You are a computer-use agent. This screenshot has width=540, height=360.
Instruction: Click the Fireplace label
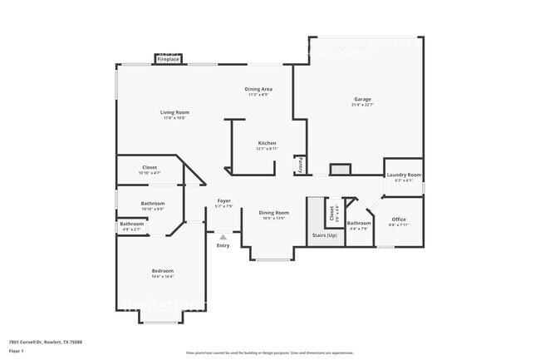point(168,59)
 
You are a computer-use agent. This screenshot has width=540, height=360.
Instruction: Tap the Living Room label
point(175,112)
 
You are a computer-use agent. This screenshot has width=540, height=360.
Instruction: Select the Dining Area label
point(258,89)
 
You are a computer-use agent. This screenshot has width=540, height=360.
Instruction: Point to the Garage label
point(362,99)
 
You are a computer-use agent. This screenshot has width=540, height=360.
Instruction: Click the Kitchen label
point(267,143)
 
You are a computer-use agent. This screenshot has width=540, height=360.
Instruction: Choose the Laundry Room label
point(404,175)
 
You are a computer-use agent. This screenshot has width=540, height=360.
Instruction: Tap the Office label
point(399,219)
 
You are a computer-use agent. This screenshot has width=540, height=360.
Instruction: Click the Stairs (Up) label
point(324,236)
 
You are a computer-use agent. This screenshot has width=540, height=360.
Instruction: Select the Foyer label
point(223,200)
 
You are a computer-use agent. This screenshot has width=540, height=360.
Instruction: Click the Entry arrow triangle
point(223,237)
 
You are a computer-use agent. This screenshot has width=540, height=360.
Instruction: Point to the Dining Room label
point(273,213)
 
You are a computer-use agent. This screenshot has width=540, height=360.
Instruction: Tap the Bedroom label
point(162,270)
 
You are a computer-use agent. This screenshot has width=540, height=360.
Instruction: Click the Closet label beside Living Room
point(150,167)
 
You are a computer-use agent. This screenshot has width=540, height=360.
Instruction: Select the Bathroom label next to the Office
point(359,222)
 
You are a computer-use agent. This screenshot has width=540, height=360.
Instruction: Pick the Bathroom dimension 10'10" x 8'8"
point(152,209)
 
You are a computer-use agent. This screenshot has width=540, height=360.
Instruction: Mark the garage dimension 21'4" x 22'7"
point(362,105)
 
